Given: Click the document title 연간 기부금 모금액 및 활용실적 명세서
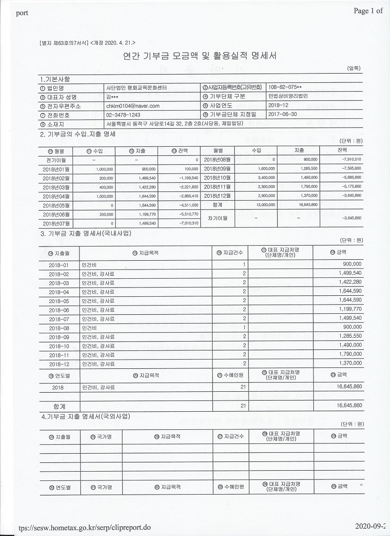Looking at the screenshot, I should pos(200,56).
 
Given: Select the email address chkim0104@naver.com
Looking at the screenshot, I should pos(133,106).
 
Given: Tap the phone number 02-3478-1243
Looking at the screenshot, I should pos(122,115).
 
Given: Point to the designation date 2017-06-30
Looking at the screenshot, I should pos(283,115).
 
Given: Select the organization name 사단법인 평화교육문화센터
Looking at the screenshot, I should pos(136,88).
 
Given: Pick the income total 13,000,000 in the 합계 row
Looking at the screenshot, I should pos(265,205).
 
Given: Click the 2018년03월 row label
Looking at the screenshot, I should pos(57,186).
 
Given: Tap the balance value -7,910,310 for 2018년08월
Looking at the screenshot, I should pos(351,159).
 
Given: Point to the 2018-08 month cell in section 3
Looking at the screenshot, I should pos(59,328).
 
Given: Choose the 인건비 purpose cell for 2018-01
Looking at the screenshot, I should pos(89,264).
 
